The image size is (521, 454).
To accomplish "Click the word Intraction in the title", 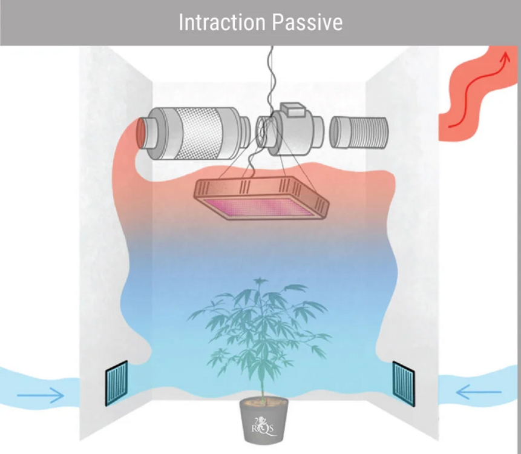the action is click(222, 22).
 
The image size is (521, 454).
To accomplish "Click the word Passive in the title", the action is click(308, 22).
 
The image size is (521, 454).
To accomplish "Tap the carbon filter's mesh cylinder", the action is click(199, 133).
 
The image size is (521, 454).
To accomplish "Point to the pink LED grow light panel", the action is click(261, 199).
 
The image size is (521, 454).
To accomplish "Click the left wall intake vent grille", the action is click(117, 384).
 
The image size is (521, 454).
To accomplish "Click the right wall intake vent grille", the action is click(404, 384).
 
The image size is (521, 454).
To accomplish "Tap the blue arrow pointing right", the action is click(40, 395).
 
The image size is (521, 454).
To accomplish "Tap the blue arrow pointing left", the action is click(479, 392).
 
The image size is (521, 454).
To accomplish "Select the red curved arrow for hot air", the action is click(479, 90).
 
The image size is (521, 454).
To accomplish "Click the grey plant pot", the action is click(264, 421).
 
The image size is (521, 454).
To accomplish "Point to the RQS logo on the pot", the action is click(264, 428).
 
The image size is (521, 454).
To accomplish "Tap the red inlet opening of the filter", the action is click(140, 133).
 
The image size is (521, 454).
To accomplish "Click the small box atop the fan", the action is click(292, 110).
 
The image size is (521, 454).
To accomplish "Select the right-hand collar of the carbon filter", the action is click(244, 133).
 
